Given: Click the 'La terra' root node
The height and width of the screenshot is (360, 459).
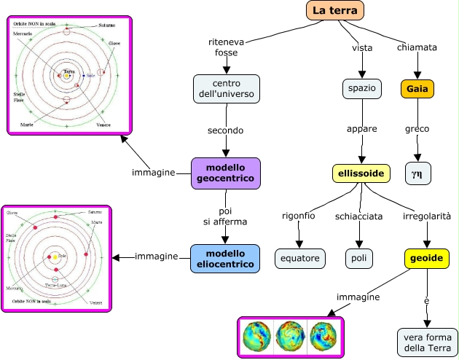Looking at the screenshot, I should [334, 9].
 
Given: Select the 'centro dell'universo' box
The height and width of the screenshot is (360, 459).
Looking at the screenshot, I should [227, 88].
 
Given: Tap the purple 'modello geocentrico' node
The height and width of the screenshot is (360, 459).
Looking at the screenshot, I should [225, 173].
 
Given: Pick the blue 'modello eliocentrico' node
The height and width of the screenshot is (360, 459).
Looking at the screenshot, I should [225, 258].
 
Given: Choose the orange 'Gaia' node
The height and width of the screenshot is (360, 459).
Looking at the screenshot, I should [417, 88].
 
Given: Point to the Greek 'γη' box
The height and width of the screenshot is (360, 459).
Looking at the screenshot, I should [417, 174].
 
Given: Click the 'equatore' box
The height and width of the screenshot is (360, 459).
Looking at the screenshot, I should [299, 258].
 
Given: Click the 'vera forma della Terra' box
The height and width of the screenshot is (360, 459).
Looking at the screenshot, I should [427, 341].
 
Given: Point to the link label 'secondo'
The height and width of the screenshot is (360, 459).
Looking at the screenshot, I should [226, 130].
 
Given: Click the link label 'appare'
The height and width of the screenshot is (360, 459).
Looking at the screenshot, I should [361, 129].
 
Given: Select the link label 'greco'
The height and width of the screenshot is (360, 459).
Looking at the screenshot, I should [417, 129].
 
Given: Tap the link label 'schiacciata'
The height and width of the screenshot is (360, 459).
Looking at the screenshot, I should [358, 216].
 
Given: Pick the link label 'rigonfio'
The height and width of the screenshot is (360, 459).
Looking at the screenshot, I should [299, 216].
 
